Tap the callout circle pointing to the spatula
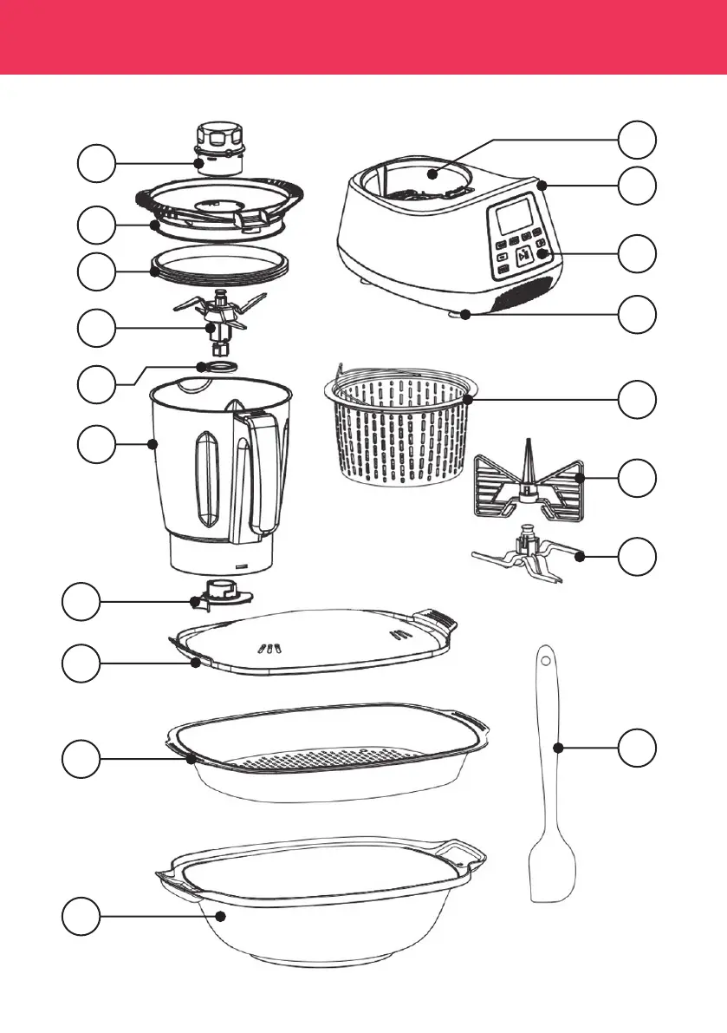pos(638,748)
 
